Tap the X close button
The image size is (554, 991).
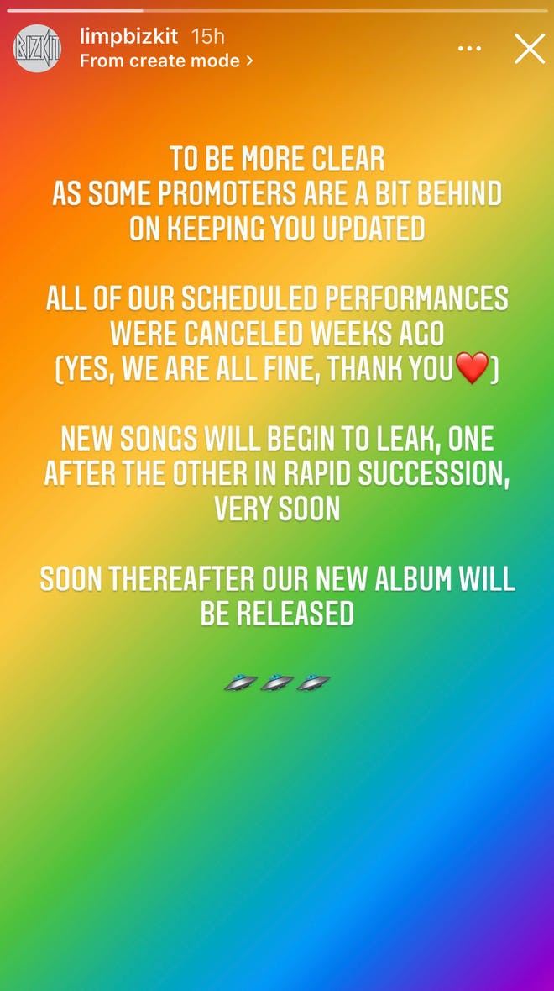(x=530, y=49)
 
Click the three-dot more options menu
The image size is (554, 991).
(x=469, y=49)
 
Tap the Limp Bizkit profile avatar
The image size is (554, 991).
(x=37, y=49)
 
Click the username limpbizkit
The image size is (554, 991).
(x=128, y=36)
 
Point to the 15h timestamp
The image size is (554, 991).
(x=207, y=36)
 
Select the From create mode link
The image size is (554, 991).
(x=166, y=61)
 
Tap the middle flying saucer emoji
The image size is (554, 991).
(x=277, y=683)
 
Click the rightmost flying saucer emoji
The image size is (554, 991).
(x=314, y=683)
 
